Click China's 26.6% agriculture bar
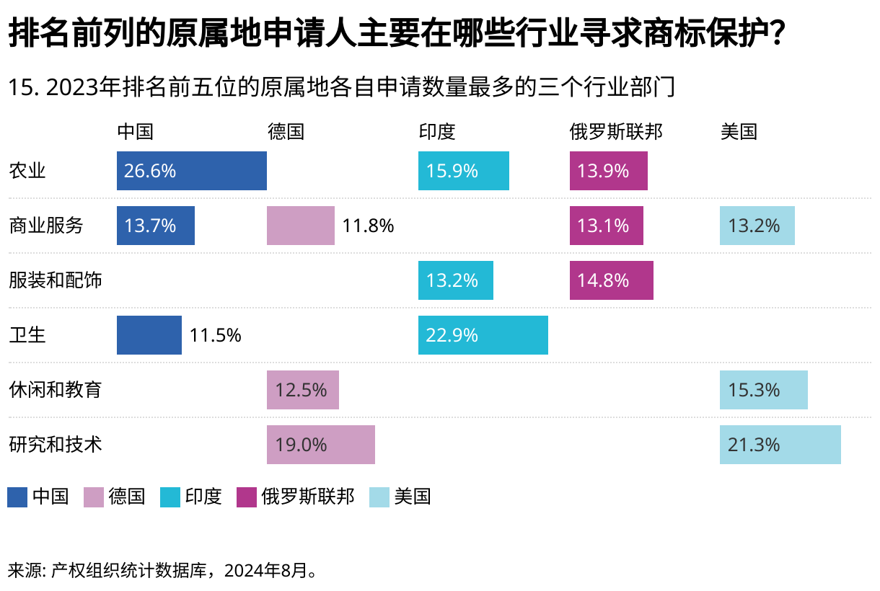point(191,171)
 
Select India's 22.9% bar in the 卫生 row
point(483,335)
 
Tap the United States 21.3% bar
point(780,445)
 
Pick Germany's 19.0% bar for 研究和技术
point(320,445)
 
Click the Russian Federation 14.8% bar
point(611,280)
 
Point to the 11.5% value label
point(215,335)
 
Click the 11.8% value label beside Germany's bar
point(368,226)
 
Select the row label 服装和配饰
point(56,280)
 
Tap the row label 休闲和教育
point(56,390)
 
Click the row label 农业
point(27,171)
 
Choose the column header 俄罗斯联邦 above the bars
point(615,131)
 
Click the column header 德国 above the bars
point(286,131)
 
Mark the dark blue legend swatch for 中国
point(17,497)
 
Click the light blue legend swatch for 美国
point(379,497)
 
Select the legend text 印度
point(203,497)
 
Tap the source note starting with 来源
point(163,571)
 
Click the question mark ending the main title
point(775,34)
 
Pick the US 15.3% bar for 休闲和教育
point(763,390)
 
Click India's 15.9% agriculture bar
point(463,171)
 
